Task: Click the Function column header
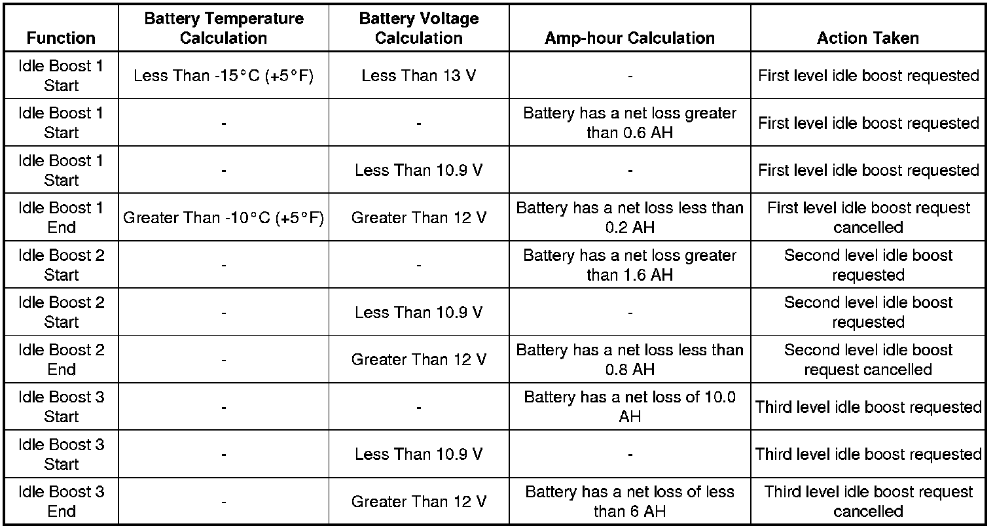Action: click(61, 38)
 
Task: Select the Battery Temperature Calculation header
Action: click(223, 28)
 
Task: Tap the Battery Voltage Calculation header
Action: click(418, 28)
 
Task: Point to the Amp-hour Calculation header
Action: click(629, 38)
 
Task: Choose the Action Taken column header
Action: click(867, 38)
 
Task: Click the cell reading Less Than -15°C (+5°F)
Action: click(223, 76)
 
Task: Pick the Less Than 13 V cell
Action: click(418, 76)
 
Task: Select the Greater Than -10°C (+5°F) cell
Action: click(223, 218)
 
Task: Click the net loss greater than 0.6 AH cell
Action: click(629, 123)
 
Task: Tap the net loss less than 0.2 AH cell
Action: click(629, 218)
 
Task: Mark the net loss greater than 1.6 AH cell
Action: click(629, 265)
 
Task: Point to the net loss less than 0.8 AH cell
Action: click(629, 359)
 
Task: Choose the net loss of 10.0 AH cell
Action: click(629, 406)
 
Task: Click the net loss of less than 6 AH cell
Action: click(629, 501)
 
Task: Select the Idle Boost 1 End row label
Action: click(61, 218)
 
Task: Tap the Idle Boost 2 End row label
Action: click(61, 359)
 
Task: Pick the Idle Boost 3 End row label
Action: click(61, 501)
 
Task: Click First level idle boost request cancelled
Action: click(867, 218)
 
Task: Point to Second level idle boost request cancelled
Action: click(867, 359)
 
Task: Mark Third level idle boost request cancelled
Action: click(867, 501)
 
